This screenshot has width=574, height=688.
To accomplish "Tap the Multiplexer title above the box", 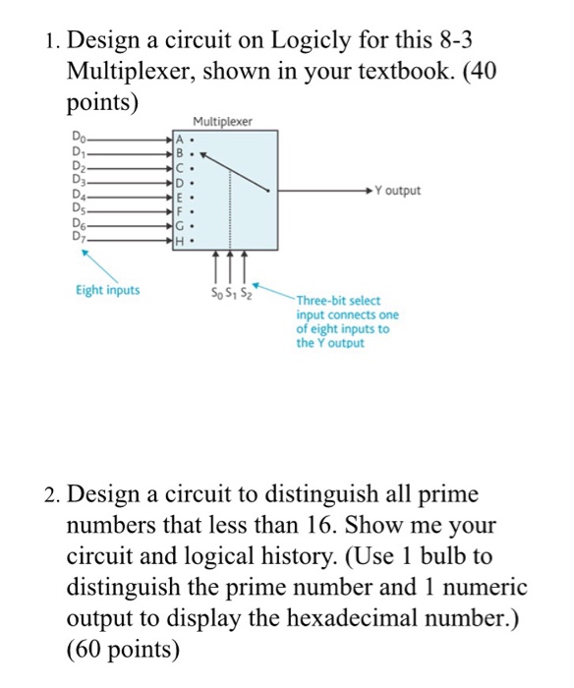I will point(222,122).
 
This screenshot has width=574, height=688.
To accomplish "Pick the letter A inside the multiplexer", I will point(179,140).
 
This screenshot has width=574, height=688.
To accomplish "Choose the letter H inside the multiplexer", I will point(179,239).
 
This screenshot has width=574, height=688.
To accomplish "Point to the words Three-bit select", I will point(338,301).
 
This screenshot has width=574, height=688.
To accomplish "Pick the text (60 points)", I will point(124,650).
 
